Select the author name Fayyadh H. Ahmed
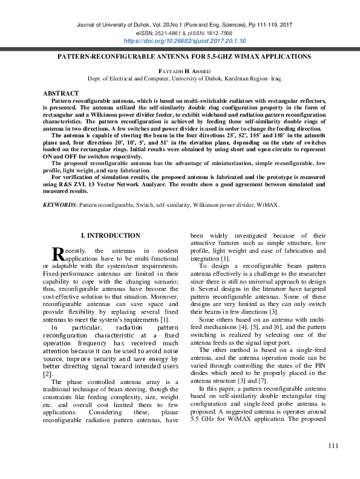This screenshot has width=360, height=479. (x=180, y=71)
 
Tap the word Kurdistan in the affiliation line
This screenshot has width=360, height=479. (x=241, y=79)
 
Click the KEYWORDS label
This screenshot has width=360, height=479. (x=59, y=205)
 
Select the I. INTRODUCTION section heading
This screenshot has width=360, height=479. (x=110, y=235)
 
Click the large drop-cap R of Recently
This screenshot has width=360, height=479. (x=58, y=254)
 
